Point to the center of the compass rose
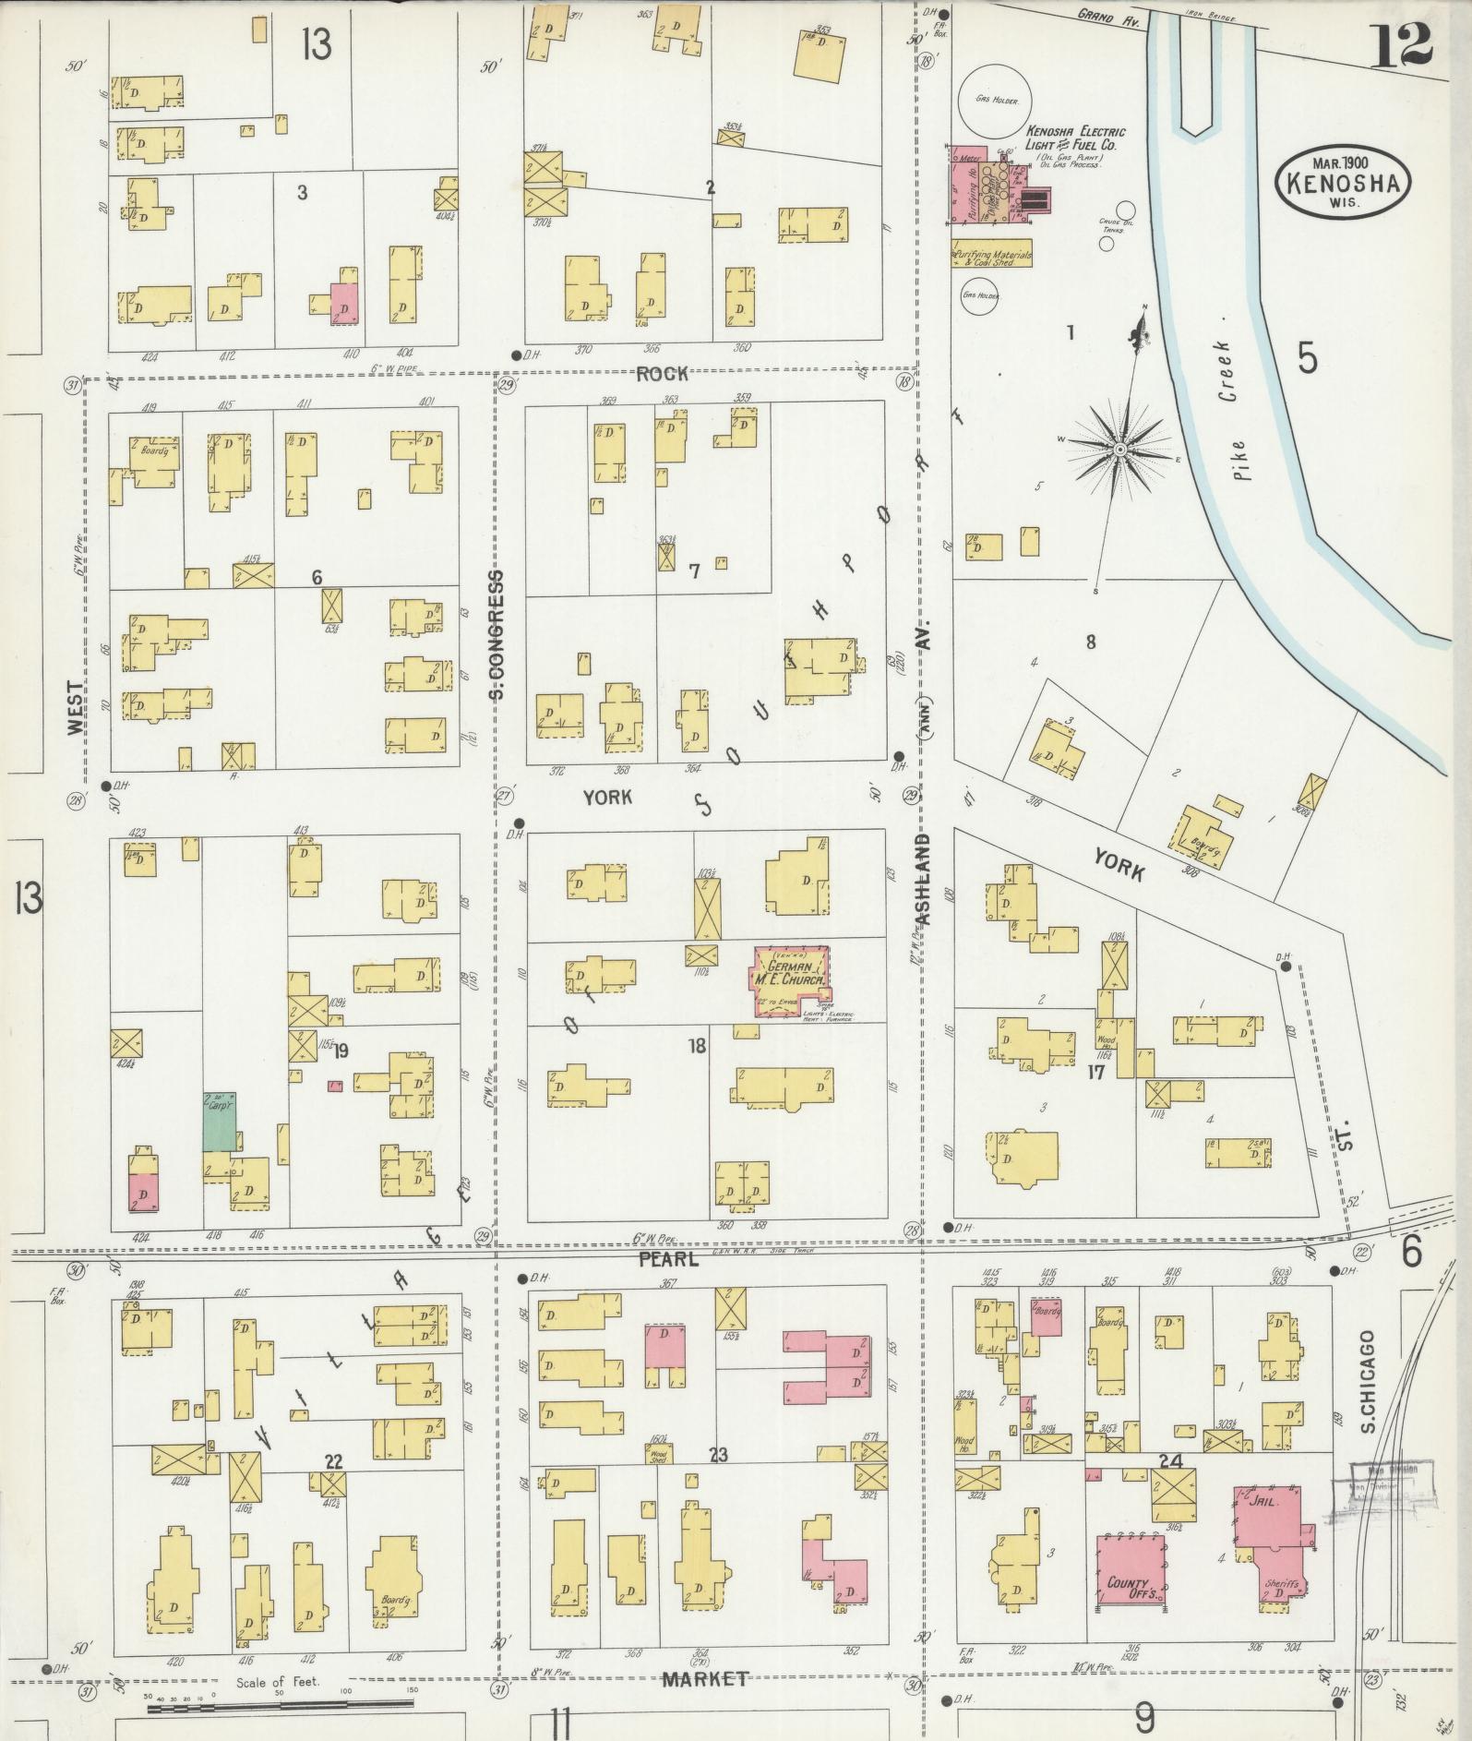coord(1119,449)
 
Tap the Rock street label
coord(662,373)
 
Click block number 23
coord(718,1456)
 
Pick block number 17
coord(1096,1072)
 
